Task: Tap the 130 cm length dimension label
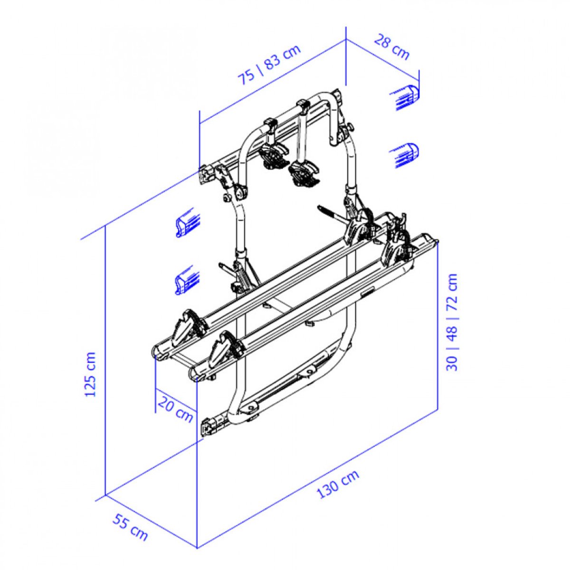pos(338,484)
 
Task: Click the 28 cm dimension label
pos(391,47)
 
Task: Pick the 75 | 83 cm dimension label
pos(269,65)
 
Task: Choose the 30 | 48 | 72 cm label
pos(452,323)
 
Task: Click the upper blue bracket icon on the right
pos(406,97)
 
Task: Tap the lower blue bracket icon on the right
pos(406,155)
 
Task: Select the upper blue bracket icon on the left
pos(188,222)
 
